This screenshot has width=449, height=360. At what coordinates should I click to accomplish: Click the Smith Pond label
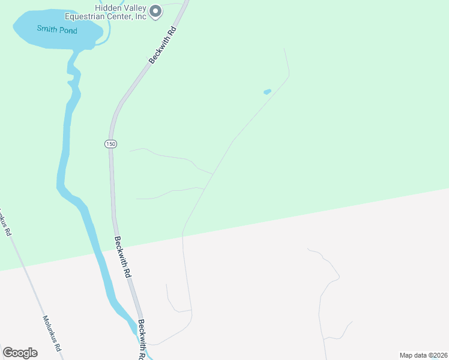coord(57,29)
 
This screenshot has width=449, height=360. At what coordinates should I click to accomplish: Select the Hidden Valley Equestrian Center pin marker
coord(155,11)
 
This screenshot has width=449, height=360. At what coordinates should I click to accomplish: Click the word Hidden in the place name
coord(109,7)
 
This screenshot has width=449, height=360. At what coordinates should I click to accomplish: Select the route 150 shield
coord(110,144)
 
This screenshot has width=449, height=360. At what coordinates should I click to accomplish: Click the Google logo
coord(20,353)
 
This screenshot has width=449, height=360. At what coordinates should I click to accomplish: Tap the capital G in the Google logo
coord(8,353)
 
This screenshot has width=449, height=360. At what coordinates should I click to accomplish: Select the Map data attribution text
coord(423,355)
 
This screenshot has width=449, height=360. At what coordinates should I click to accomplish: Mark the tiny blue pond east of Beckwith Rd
coord(267,92)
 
